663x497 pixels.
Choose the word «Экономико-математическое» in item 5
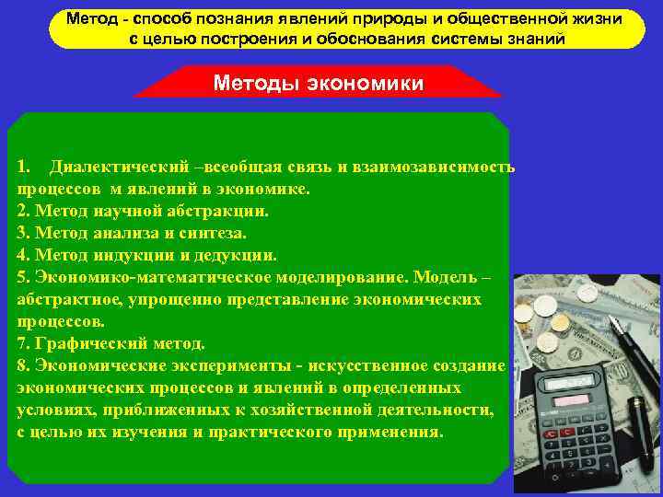pos(219,277)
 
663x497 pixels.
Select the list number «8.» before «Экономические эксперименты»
pos(23,365)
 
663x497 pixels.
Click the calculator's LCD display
pos(569,381)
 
